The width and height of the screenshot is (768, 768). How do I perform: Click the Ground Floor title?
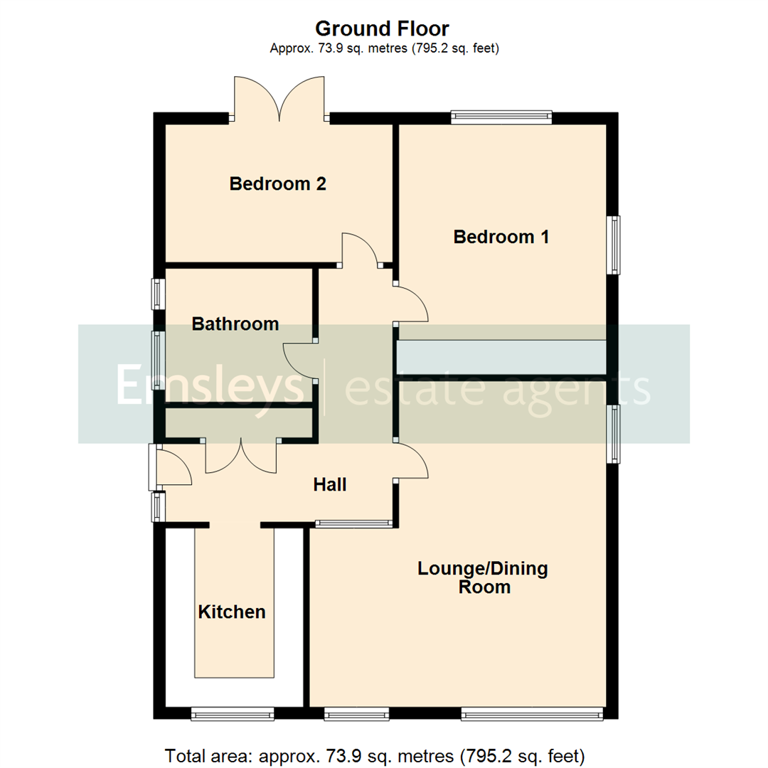[x=382, y=29]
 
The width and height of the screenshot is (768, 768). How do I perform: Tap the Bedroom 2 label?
[x=277, y=184]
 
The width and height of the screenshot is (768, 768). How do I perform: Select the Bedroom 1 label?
[x=501, y=237]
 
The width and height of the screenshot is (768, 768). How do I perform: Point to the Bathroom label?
[x=235, y=324]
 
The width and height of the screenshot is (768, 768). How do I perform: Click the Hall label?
[x=330, y=485]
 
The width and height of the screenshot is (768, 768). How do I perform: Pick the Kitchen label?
[x=232, y=612]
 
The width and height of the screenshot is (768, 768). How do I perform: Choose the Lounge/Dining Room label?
[x=483, y=577]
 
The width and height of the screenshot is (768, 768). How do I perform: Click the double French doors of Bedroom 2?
[x=279, y=100]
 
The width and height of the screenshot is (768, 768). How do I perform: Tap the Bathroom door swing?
[x=297, y=361]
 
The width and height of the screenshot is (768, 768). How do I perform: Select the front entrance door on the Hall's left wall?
[x=173, y=466]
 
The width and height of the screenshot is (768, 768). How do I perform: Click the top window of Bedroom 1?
[x=501, y=117]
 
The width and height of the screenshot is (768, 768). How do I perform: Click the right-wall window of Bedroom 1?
[x=612, y=245]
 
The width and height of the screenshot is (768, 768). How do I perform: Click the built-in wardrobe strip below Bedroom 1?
[x=501, y=357]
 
